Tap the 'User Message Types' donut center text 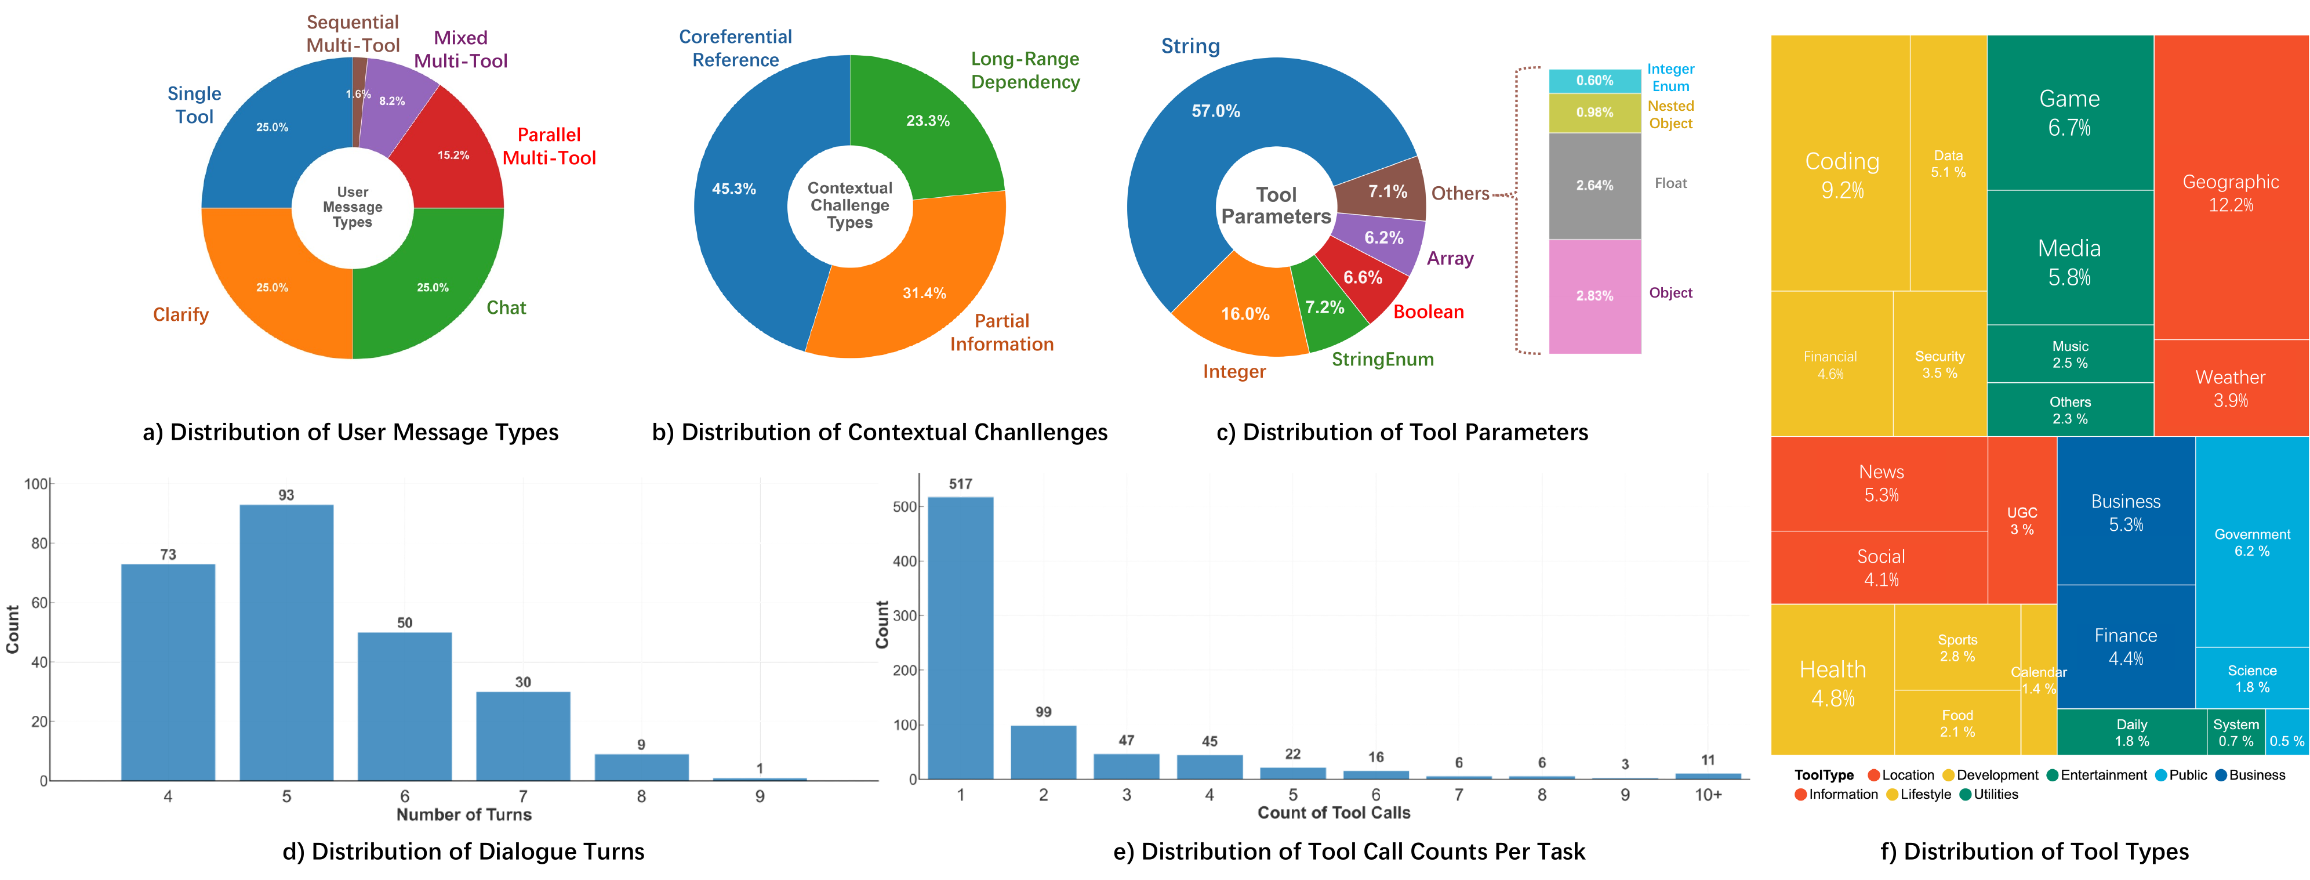(353, 207)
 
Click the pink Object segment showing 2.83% (1595, 296)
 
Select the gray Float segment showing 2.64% (1595, 186)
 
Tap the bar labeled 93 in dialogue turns (286, 642)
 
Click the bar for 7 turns (523, 736)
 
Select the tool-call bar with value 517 (960, 637)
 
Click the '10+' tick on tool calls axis (1708, 795)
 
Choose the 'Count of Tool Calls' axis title (1334, 813)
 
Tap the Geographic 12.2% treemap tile (2230, 193)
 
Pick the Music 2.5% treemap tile (2070, 354)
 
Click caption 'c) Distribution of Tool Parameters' (1401, 432)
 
